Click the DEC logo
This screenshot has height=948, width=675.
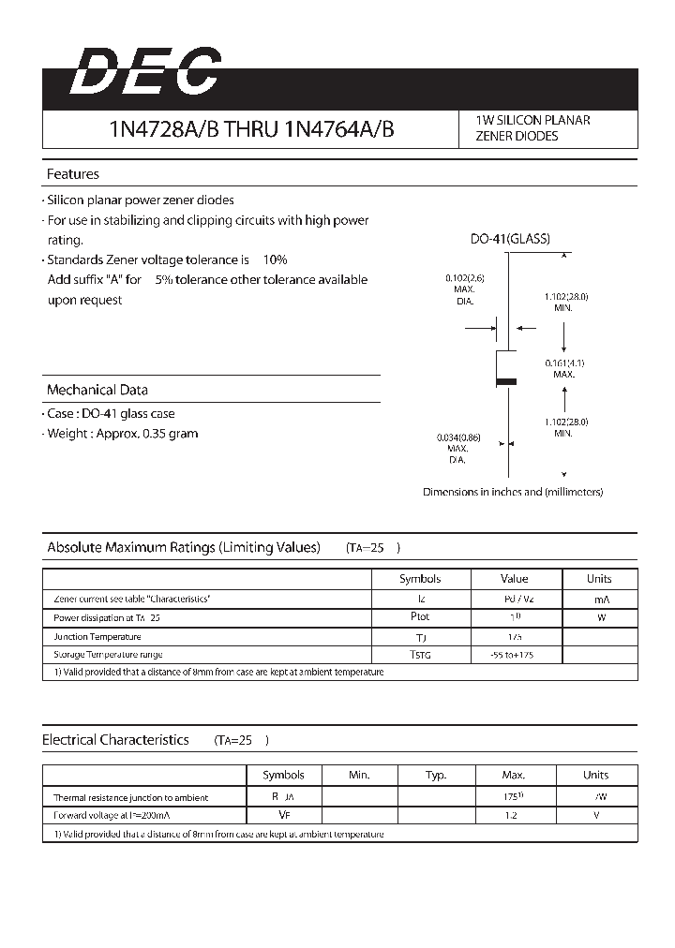pos(145,72)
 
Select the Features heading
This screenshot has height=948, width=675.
pos(73,174)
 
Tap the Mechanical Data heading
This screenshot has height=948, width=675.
pos(97,390)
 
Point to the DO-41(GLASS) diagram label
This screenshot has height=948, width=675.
pos(510,239)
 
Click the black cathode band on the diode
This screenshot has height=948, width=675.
pos(506,381)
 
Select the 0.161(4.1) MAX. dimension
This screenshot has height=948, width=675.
pos(563,368)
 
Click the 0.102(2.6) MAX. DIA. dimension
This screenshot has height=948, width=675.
pos(465,289)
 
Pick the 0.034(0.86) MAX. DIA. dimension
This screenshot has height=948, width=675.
pos(457,449)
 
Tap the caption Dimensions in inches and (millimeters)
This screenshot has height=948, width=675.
pos(513,492)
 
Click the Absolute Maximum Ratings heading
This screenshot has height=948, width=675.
pos(184,547)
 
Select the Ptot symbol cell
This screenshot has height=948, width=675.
pos(420,617)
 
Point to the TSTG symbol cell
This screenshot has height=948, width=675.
pos(420,655)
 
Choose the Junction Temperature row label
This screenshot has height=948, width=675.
pos(97,636)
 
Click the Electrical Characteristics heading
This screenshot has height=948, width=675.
pos(115,740)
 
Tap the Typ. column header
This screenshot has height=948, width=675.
pos(436,775)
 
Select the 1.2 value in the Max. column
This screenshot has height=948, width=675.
pos(513,816)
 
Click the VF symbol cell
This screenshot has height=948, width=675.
pos(283,816)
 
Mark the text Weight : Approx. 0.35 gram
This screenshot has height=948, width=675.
pos(123,434)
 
